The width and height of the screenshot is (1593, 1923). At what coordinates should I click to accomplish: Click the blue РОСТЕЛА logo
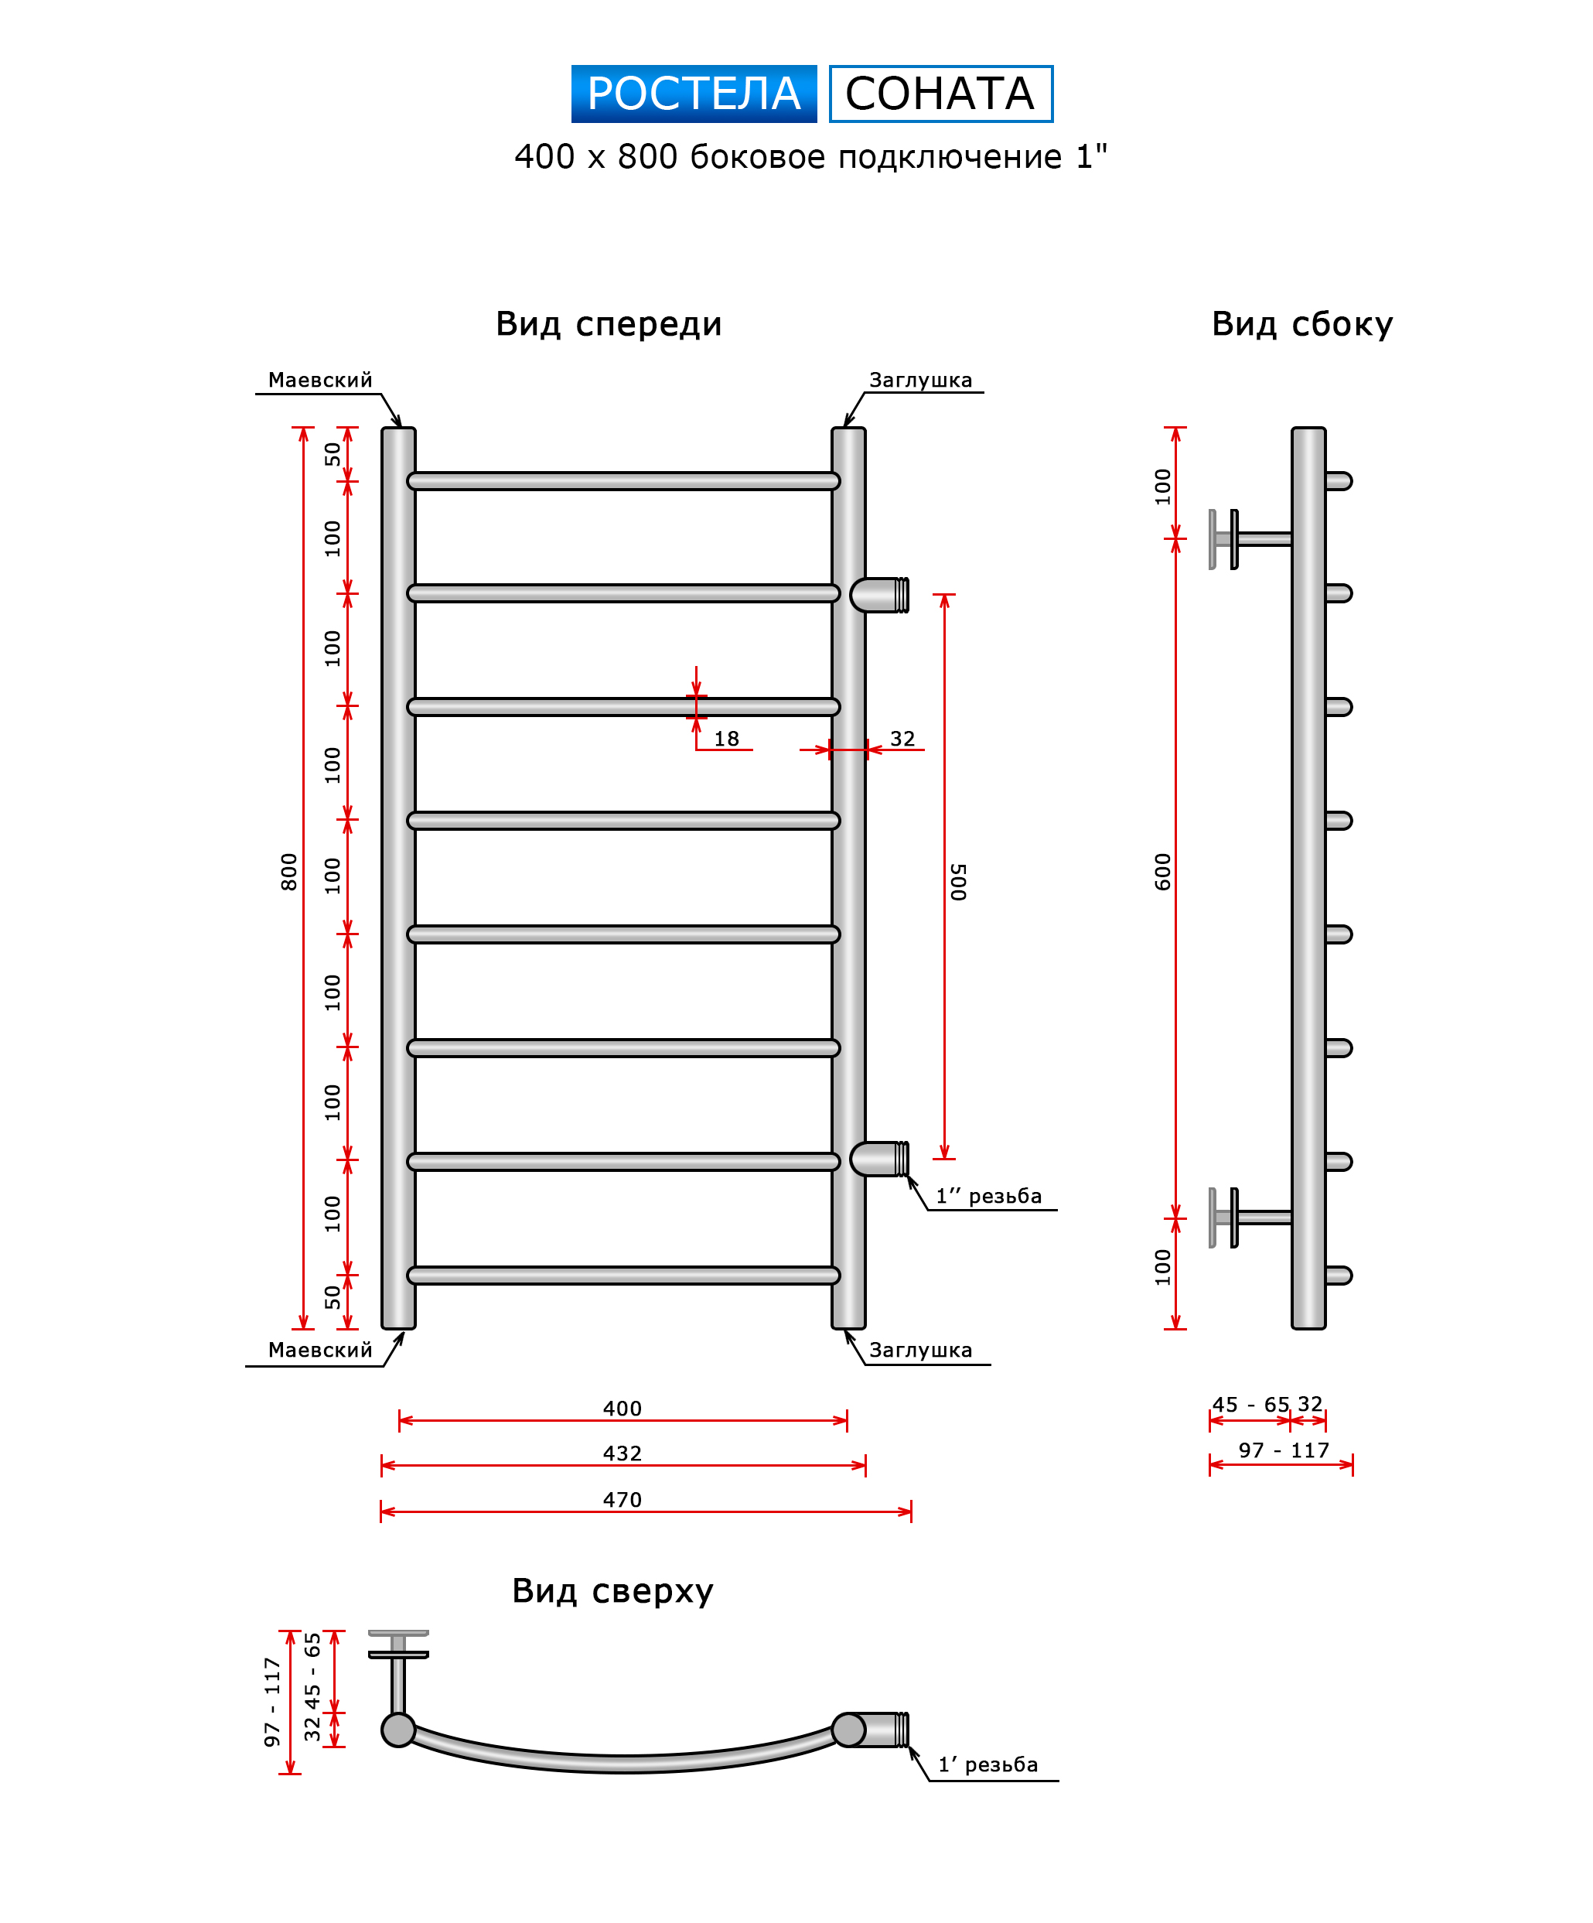tap(693, 94)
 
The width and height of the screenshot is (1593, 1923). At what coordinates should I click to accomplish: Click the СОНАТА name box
tap(940, 94)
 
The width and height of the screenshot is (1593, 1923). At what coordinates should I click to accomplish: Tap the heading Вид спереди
tap(609, 324)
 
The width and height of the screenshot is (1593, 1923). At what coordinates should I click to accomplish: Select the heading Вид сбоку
tap(1302, 324)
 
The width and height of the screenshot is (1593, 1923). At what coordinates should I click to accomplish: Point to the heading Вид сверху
tap(612, 1590)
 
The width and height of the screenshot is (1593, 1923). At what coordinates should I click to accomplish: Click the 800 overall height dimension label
tap(289, 871)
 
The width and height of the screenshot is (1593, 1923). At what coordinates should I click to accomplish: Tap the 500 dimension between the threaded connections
tap(957, 881)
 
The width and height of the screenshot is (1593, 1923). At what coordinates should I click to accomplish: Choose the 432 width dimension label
tap(623, 1453)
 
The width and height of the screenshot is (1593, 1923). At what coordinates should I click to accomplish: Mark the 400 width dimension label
tap(623, 1409)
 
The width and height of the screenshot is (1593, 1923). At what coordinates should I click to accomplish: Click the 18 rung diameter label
tap(727, 739)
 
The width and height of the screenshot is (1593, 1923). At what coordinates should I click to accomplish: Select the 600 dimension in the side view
tap(1163, 871)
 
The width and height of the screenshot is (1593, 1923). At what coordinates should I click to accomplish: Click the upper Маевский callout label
tap(320, 380)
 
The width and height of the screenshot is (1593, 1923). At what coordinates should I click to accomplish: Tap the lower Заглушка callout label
tap(921, 1350)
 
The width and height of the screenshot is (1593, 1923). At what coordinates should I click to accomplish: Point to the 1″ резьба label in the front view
tap(989, 1196)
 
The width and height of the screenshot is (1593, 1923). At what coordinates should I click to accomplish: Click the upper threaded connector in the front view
tap(881, 595)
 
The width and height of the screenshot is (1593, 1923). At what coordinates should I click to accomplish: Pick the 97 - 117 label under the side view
tap(1284, 1450)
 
